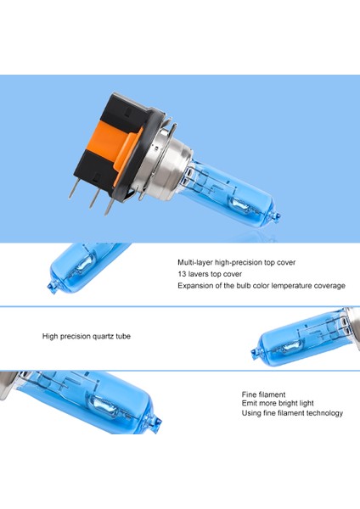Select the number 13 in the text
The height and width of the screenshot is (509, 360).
click(182, 274)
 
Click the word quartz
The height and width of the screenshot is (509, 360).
click(103, 337)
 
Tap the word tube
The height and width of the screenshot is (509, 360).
click(123, 336)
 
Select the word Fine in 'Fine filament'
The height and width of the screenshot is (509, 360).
click(249, 394)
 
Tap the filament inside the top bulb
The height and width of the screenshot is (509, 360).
click(239, 204)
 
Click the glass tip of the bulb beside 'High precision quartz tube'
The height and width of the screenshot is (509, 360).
click(254, 351)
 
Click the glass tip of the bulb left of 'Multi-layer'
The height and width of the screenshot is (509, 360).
click(52, 288)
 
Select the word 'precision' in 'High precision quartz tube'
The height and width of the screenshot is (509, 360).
click(76, 337)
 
